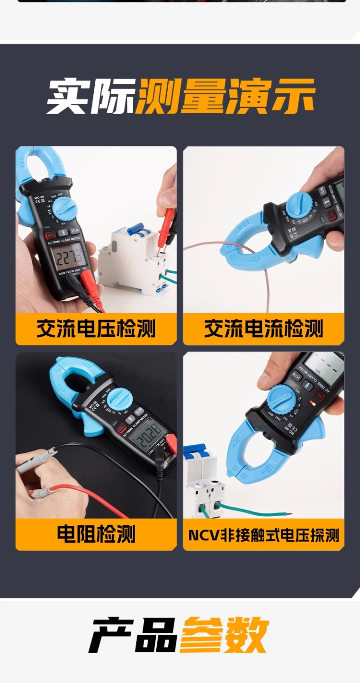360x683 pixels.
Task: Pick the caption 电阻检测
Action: pyautogui.click(x=96, y=534)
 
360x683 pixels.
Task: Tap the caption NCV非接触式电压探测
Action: pyautogui.click(x=264, y=535)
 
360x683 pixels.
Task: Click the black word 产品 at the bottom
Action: pyautogui.click(x=133, y=635)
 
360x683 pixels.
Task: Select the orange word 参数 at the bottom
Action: pyautogui.click(x=225, y=635)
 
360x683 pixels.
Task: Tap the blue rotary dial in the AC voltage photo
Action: pyautogui.click(x=64, y=207)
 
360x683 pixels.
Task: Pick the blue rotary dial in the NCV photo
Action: pyautogui.click(x=282, y=398)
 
